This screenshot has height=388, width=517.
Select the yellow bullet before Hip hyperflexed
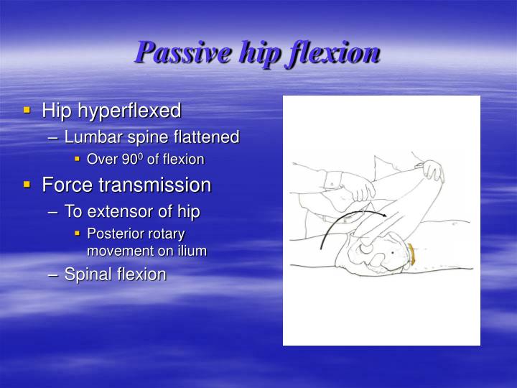[x=27, y=111]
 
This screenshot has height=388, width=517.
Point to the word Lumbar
[x=88, y=137]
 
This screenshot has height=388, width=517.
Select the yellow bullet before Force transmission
[x=27, y=185]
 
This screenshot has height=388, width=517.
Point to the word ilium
[x=190, y=251]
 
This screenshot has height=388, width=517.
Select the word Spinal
[x=86, y=274]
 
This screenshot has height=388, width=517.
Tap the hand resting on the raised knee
[x=432, y=171]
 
